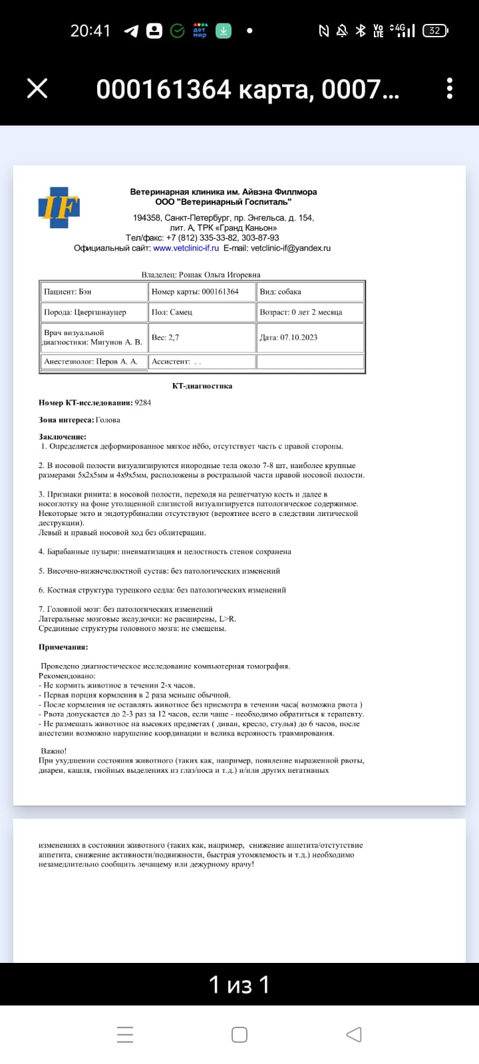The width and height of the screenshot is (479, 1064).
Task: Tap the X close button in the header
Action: coord(37,88)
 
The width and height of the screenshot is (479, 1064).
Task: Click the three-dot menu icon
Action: coord(450,88)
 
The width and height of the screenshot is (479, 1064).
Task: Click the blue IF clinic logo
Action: coord(59,207)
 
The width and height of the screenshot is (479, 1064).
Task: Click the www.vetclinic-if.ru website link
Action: coord(186,248)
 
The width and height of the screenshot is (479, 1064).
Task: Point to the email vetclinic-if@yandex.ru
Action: coord(290,248)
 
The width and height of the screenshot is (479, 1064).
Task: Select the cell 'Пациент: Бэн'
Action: coord(93,292)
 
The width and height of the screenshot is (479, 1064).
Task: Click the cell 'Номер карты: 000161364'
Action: coord(202,292)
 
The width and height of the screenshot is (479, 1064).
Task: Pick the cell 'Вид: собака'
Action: coord(310,292)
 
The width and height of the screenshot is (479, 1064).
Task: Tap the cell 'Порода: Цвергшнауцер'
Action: coord(93,312)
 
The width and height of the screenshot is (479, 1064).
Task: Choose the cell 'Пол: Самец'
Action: coord(202,312)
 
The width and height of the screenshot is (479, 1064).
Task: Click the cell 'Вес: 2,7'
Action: coord(202,337)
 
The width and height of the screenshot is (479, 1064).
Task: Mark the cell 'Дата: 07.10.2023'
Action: coord(310,337)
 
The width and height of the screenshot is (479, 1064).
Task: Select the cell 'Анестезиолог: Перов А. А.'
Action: coord(93,362)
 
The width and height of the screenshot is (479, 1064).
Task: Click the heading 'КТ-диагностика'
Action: coord(202,386)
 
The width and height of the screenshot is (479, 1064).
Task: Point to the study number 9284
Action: coord(142,402)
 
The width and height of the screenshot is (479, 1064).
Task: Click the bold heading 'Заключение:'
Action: coord(63,437)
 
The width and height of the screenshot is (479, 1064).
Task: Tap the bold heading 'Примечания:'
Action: coord(63,647)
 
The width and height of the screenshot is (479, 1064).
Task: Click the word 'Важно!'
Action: coord(53,751)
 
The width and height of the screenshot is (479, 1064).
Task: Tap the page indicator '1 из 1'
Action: coord(239,984)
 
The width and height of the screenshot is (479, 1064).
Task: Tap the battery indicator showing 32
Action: coord(435,31)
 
